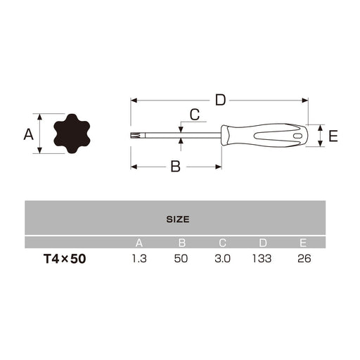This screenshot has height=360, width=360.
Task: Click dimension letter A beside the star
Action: tap(29, 133)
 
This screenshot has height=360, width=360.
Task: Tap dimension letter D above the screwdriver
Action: tap(220, 100)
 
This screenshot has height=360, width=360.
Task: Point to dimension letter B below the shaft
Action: tap(176, 167)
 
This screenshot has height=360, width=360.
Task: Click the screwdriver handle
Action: tap(264, 135)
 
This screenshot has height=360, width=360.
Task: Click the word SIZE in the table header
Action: tap(177, 219)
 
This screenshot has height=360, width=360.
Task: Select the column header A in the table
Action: tap(139, 243)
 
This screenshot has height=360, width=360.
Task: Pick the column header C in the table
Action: tap(221, 243)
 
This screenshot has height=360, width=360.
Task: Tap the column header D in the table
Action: tap(262, 243)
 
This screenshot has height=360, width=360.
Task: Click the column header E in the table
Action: tap(303, 243)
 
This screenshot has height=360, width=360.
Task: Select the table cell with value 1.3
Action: tap(139, 259)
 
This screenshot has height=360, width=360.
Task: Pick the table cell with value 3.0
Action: tap(221, 259)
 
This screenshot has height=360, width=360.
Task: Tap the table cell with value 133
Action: tap(262, 259)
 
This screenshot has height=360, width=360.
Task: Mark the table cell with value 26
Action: tap(303, 259)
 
